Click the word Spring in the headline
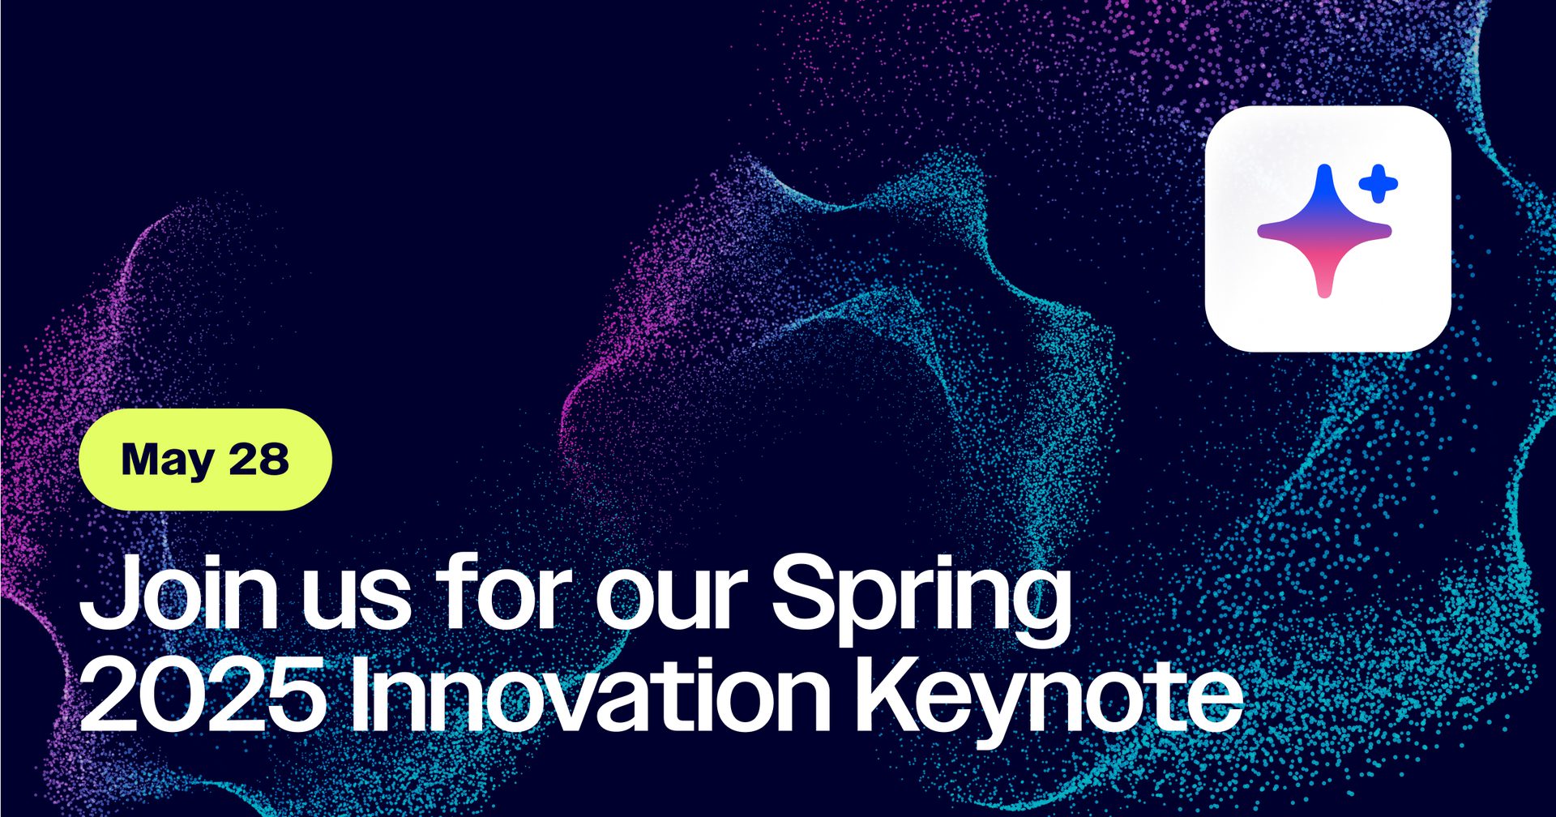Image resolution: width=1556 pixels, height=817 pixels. [921, 601]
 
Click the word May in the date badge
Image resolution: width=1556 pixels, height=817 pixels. [168, 461]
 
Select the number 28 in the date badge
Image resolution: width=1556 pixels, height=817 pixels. [259, 459]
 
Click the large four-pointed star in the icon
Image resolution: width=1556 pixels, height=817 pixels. [1324, 231]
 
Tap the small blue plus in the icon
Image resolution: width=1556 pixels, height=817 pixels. [1378, 184]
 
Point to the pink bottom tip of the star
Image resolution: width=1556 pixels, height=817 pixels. [1324, 293]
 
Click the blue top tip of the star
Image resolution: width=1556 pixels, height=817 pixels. [1324, 169]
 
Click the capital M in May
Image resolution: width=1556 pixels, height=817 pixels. [142, 459]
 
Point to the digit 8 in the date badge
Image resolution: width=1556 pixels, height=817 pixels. [274, 459]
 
